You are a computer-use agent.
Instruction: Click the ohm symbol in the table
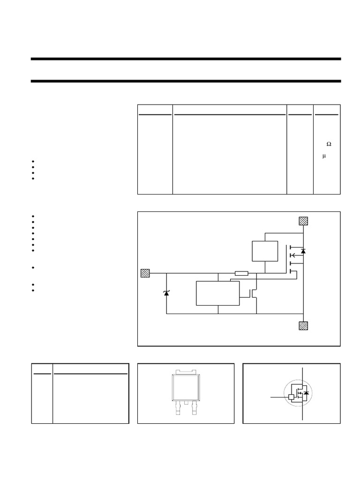pyautogui.click(x=329, y=144)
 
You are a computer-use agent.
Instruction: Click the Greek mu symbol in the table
pyautogui.click(x=324, y=156)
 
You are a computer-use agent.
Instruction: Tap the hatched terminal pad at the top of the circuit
pyautogui.click(x=303, y=221)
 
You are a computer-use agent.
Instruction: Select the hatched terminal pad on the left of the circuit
pyautogui.click(x=145, y=273)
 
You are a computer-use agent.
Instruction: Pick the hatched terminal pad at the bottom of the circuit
pyautogui.click(x=303, y=326)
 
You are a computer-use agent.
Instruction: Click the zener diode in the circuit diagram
pyautogui.click(x=166, y=293)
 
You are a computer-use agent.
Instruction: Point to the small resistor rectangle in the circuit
pyautogui.click(x=241, y=273)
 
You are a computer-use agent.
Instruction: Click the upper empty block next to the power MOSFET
pyautogui.click(x=265, y=251)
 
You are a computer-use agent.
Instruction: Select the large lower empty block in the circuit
pyautogui.click(x=217, y=293)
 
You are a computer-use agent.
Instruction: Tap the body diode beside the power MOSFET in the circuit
pyautogui.click(x=303, y=251)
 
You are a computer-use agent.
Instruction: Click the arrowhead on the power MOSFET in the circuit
pyautogui.click(x=293, y=255)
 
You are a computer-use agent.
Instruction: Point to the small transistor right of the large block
pyautogui.click(x=253, y=293)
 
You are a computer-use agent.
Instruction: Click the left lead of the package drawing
pyautogui.click(x=178, y=408)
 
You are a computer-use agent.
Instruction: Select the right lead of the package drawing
pyautogui.click(x=195, y=408)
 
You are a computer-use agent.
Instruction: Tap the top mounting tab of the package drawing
pyautogui.click(x=186, y=372)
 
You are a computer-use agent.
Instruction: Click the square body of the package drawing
pyautogui.click(x=186, y=388)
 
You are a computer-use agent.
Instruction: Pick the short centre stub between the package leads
pyautogui.click(x=186, y=403)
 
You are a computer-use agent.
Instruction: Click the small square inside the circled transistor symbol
pyautogui.click(x=292, y=397)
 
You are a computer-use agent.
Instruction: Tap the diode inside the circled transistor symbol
pyautogui.click(x=306, y=393)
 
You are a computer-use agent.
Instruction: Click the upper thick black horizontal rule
pyautogui.click(x=186, y=59)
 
